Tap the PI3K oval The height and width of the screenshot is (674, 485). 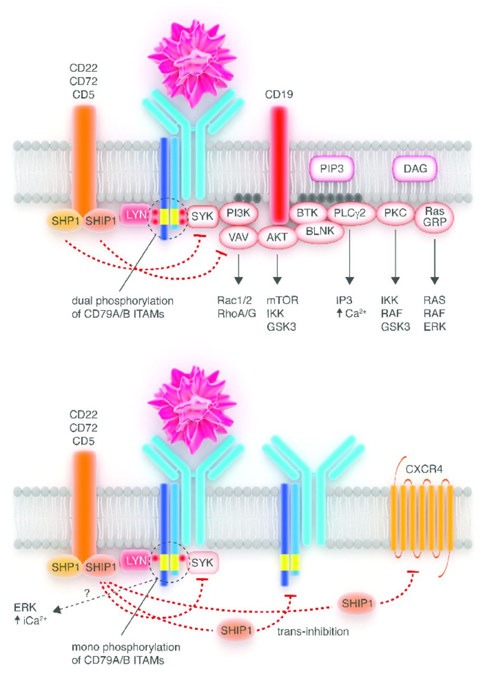tap(239, 213)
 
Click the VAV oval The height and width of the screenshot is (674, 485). tap(238, 236)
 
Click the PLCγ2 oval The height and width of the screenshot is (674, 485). tap(350, 213)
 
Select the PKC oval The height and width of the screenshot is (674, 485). tap(395, 213)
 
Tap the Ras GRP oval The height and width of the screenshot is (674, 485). tap(434, 216)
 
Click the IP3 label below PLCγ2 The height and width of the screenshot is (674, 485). tap(341, 300)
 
